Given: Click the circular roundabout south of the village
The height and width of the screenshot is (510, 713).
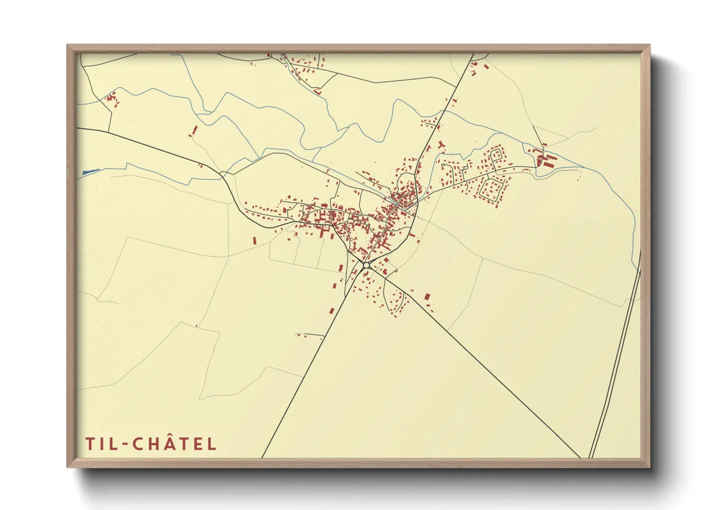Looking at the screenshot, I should (366, 265).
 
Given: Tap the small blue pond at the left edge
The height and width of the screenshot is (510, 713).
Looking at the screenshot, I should (91, 171).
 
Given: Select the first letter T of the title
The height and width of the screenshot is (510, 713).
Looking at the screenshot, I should (90, 444).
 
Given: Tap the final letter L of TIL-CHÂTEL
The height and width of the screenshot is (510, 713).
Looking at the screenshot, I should (212, 444).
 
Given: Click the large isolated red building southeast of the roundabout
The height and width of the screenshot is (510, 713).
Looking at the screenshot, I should (427, 297).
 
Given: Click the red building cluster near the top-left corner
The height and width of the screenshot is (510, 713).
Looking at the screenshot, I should (112, 99).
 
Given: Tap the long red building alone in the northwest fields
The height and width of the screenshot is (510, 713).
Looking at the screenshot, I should (195, 130).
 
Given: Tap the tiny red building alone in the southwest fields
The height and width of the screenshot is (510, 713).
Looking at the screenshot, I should (197, 326).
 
